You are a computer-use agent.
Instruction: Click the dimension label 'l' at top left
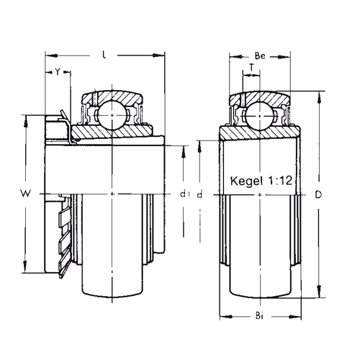point(104,55)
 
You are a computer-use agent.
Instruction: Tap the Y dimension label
point(58,71)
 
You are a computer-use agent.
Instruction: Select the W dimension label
point(25,193)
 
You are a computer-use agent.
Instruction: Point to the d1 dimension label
point(184,194)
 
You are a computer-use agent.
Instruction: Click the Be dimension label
point(260,56)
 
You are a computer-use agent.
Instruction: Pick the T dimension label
point(251,68)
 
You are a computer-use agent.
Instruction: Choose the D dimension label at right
point(318,195)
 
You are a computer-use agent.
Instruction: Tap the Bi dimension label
point(259,316)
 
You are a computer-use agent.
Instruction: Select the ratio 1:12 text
point(280,181)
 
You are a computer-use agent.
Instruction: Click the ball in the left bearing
point(112,115)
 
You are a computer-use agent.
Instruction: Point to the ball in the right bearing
point(260,116)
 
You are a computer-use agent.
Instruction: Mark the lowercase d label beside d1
point(199,195)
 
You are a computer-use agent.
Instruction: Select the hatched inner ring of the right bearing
point(260,132)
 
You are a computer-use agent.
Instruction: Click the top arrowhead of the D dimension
point(319,98)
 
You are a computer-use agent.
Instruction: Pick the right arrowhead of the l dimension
point(158,55)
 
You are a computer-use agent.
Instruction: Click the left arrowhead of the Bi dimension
point(226,317)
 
